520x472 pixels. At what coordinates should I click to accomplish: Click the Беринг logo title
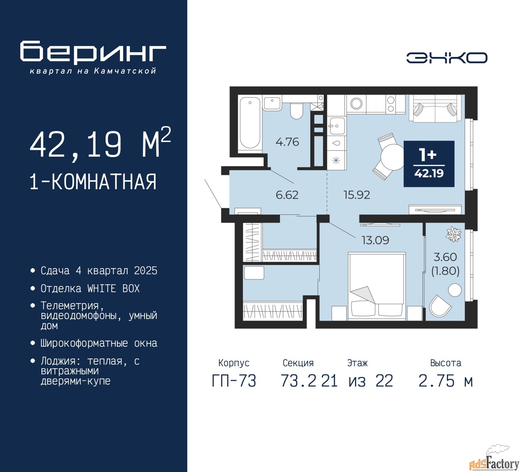(x=93, y=52)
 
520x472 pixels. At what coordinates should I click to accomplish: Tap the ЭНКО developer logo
(x=447, y=58)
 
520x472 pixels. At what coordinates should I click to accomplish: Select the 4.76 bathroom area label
(x=287, y=142)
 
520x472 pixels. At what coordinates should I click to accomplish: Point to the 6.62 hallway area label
(x=287, y=195)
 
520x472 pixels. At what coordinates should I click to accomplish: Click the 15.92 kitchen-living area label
(x=357, y=195)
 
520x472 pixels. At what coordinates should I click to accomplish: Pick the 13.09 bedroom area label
(x=375, y=240)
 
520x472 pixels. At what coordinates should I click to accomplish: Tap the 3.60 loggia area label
(x=445, y=257)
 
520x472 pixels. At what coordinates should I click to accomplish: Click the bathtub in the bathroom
(x=250, y=124)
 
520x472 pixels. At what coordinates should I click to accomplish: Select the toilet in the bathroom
(x=296, y=111)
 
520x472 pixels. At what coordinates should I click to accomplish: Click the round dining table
(x=393, y=157)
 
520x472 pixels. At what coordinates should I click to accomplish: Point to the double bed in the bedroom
(x=377, y=286)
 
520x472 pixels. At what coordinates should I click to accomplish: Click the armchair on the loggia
(x=440, y=306)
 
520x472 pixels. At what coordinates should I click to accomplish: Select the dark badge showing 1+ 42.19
(x=429, y=164)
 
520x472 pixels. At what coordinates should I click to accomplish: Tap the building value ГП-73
(x=234, y=381)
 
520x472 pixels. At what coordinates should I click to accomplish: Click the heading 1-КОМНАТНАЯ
(x=93, y=181)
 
